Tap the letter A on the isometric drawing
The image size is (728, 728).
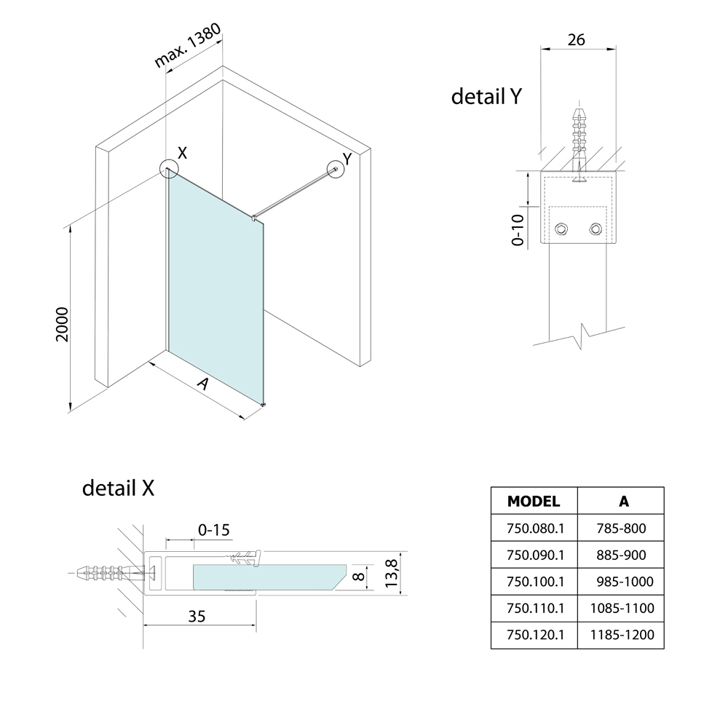[203, 384]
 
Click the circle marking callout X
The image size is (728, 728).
[169, 170]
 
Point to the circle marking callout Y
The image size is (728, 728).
[337, 169]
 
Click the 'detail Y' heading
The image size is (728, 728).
[486, 97]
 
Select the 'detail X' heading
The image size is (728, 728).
[118, 488]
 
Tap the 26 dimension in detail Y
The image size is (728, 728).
[576, 40]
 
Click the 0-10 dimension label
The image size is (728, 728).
[518, 230]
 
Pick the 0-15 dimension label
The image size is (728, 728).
[213, 530]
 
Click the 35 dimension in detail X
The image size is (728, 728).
[197, 617]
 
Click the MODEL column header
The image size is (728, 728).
[534, 501]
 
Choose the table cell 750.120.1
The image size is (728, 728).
[534, 635]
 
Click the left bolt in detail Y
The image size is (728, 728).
[561, 230]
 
